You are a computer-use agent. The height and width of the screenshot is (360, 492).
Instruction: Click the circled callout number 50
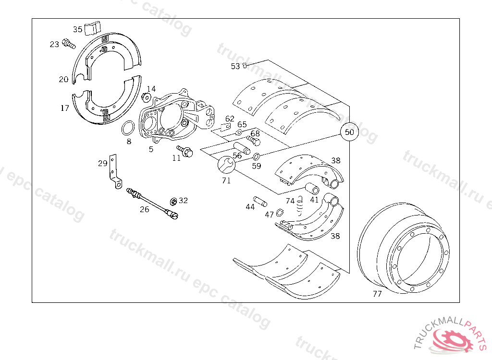[349, 132]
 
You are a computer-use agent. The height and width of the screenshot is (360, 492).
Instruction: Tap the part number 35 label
[77, 29]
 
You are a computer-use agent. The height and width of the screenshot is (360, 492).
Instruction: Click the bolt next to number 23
[69, 45]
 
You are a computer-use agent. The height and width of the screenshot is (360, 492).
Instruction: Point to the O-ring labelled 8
[128, 129]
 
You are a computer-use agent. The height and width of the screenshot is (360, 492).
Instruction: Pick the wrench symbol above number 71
[225, 165]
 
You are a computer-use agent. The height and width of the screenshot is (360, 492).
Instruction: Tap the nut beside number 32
[173, 201]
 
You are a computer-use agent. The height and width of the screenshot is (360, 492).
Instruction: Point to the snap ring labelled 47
[280, 213]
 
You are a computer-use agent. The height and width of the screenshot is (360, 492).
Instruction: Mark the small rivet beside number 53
[245, 65]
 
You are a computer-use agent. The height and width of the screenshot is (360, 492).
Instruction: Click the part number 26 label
[145, 209]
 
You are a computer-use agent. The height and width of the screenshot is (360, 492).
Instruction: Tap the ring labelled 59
[257, 156]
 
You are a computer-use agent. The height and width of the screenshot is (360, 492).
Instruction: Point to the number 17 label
[65, 108]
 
